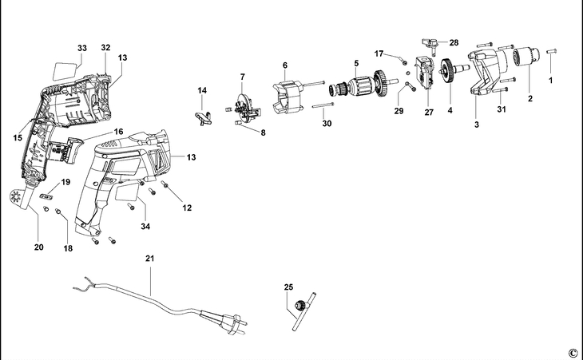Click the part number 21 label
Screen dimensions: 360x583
tap(149, 259)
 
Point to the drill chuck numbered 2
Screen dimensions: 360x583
tap(525, 59)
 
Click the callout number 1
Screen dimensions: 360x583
tap(549, 81)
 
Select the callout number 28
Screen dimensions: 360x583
tap(454, 42)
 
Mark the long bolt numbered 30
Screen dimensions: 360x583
tap(323, 105)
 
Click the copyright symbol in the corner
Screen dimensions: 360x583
tap(573, 352)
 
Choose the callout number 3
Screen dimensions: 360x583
tap(476, 125)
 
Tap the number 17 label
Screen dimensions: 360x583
tap(379, 53)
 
